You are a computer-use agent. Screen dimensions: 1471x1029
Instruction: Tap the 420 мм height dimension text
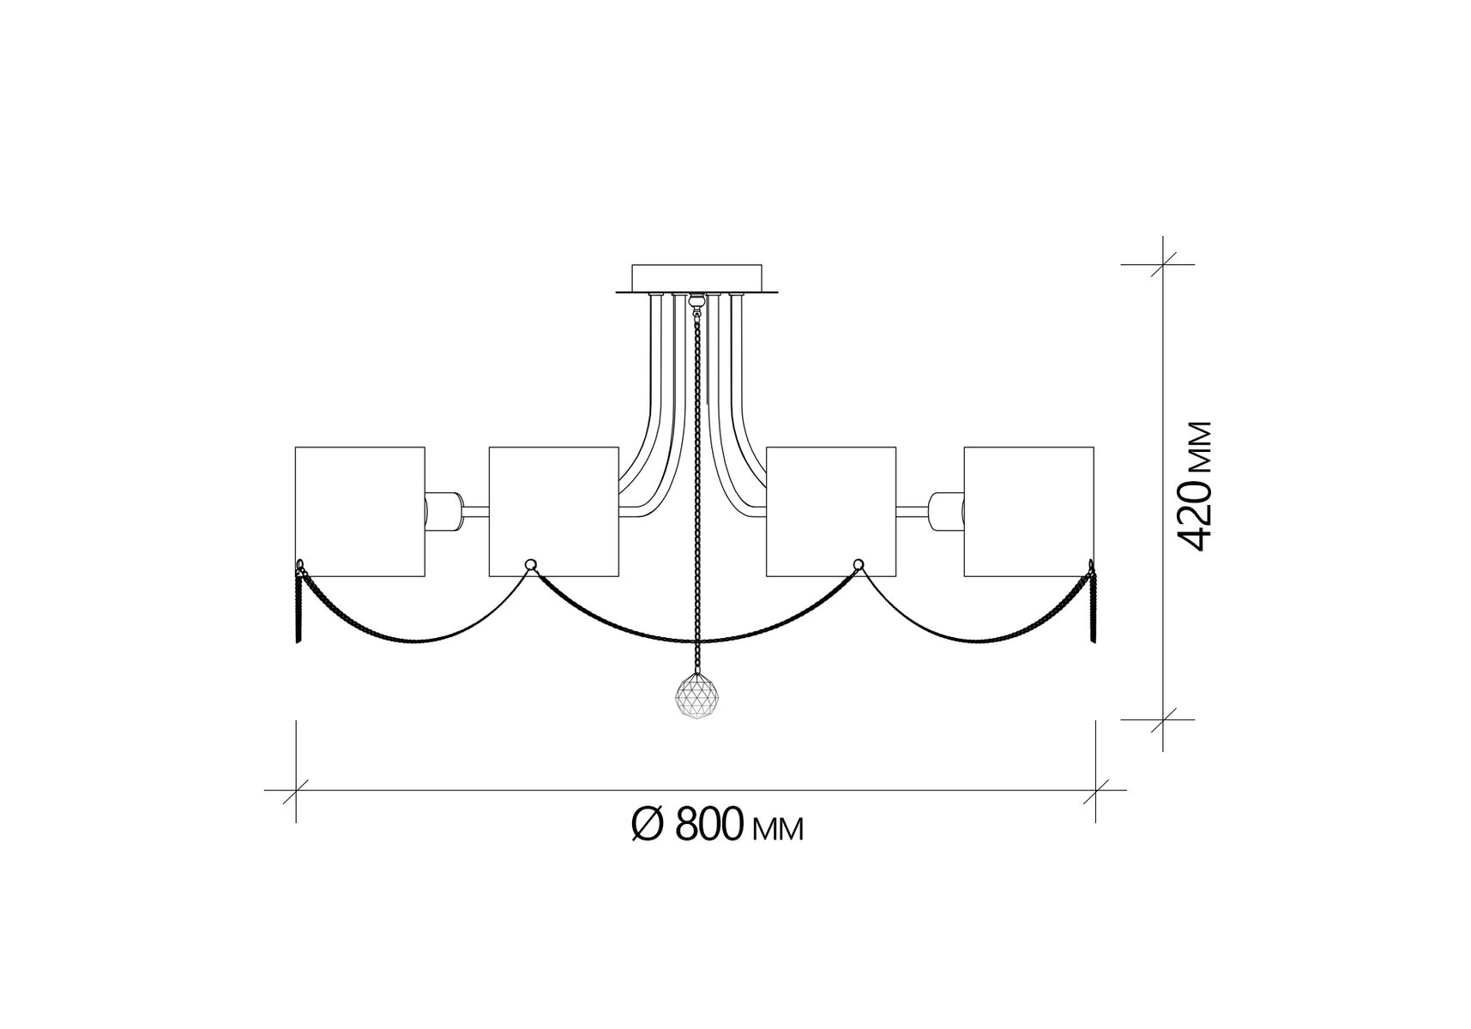[1193, 486]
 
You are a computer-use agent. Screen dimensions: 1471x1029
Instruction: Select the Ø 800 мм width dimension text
[718, 825]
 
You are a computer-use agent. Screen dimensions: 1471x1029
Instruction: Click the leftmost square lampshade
[360, 511]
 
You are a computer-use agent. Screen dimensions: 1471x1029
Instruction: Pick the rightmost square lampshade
[1029, 511]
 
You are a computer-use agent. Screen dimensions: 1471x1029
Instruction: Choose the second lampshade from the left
[553, 511]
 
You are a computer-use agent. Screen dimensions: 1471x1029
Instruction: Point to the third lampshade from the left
[831, 511]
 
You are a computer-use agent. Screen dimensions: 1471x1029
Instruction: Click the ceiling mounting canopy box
[696, 279]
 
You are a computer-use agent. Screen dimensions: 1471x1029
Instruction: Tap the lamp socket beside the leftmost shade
[443, 512]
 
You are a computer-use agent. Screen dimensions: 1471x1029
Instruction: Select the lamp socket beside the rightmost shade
[946, 512]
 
